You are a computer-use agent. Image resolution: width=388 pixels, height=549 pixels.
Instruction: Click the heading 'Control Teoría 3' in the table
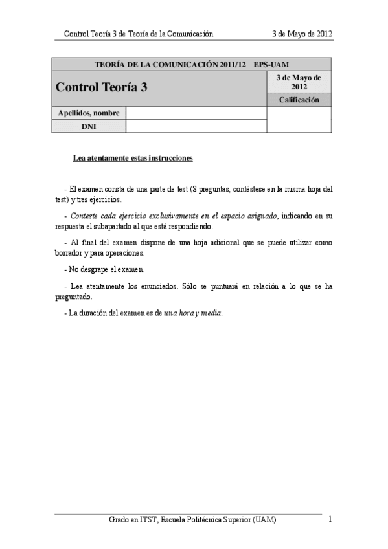pos(102,87)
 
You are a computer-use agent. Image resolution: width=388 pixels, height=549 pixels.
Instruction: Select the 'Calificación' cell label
pos(299,100)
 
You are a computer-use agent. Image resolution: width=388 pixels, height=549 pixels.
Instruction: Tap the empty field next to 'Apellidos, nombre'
pos(196,113)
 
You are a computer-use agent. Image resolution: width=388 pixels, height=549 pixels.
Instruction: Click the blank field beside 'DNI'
pos(196,126)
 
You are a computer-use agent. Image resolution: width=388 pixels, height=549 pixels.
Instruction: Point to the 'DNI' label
pos(89,126)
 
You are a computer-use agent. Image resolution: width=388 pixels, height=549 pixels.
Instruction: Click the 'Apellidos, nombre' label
pos(89,113)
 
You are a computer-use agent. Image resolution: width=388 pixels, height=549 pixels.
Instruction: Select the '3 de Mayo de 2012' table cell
pos(299,82)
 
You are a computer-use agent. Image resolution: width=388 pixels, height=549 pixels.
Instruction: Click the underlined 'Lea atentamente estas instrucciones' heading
pos(133,158)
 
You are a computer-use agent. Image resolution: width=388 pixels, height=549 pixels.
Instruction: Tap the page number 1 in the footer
pos(330,519)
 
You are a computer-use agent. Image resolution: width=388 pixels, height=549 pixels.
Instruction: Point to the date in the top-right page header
pos(303,34)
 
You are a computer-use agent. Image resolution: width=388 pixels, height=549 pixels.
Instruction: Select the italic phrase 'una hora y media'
pos(192,313)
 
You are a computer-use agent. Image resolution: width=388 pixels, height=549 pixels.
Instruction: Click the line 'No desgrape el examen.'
pos(105,269)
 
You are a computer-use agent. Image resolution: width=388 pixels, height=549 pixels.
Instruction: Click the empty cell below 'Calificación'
pos(299,119)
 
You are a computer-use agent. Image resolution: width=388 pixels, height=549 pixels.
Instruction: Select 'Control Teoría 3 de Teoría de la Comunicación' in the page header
pos(139,34)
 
